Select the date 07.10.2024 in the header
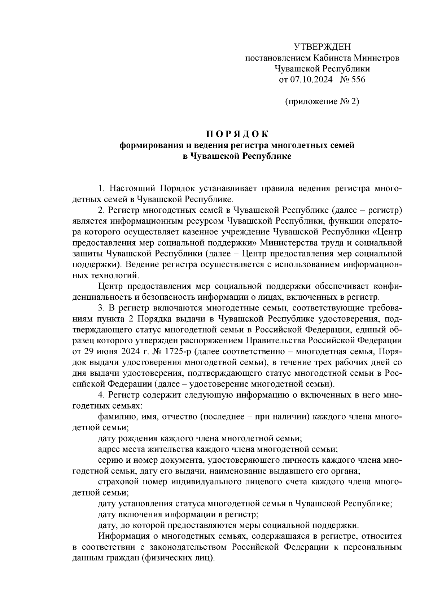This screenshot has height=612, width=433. coord(311,79)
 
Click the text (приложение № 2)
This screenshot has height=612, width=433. coord(322,101)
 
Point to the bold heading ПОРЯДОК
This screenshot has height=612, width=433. coord(237,135)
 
